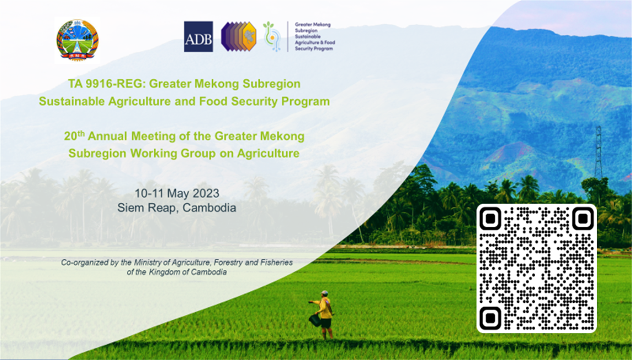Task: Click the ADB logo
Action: click(199, 37)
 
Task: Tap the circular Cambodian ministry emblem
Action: click(77, 40)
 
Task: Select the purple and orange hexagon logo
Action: click(239, 37)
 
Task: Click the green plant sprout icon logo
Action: click(272, 37)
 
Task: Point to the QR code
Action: click(536, 269)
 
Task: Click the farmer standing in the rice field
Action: click(323, 314)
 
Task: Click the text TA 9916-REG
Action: click(106, 84)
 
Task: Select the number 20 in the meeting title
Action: click(70, 137)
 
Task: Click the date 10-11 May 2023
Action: click(177, 193)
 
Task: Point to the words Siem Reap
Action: click(147, 208)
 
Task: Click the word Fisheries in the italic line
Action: click(277, 263)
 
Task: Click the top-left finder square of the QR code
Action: click(491, 219)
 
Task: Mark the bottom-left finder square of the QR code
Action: click(491, 318)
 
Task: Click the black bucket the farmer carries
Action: click(315, 320)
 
